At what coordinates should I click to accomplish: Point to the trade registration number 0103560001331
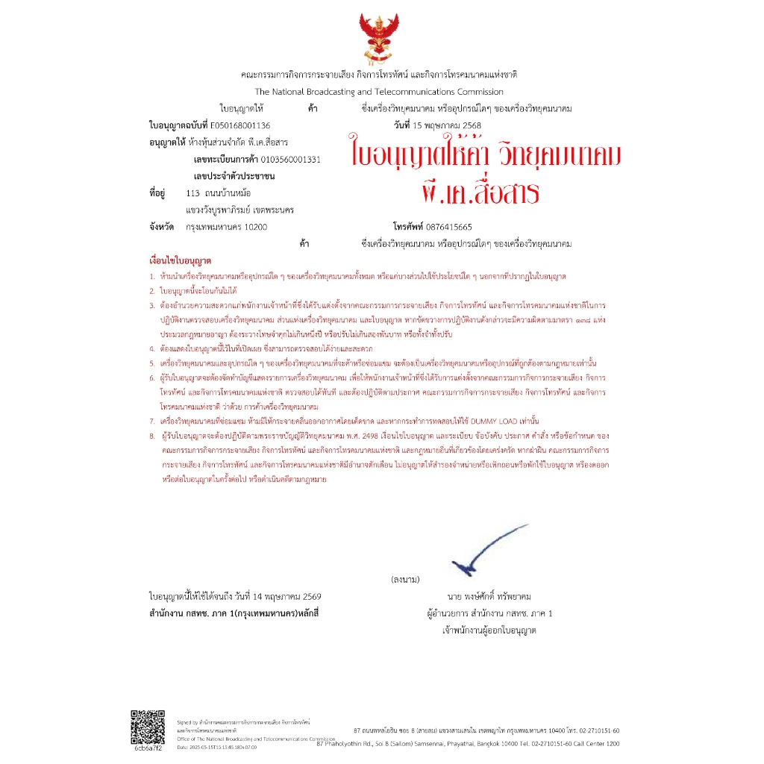[284, 160]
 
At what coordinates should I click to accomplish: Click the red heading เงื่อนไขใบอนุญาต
[181, 263]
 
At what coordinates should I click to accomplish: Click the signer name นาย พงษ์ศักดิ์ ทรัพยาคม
[489, 597]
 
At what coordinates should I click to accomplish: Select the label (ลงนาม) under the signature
[404, 579]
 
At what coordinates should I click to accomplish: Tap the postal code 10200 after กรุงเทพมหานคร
[255, 227]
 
